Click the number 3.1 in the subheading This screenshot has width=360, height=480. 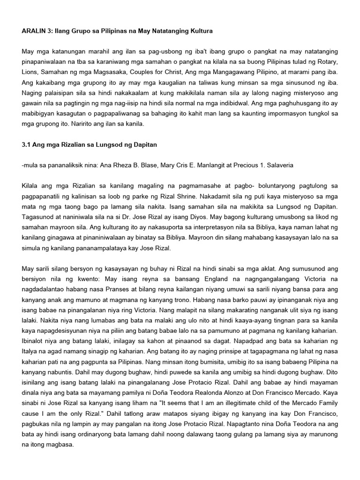27,145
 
